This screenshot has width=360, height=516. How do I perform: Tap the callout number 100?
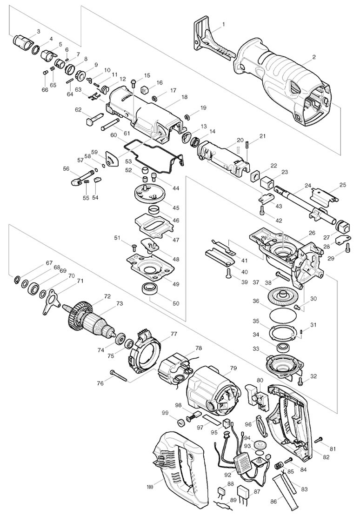150,487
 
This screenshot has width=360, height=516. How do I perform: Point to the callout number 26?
311,233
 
